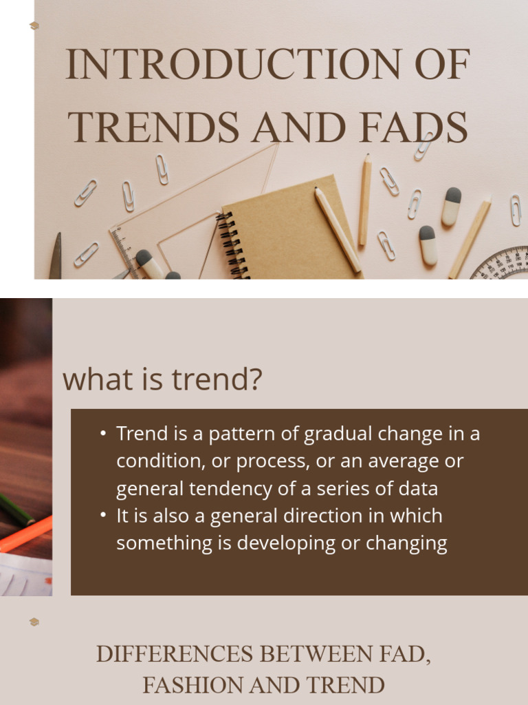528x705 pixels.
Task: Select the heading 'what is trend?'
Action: (x=162, y=380)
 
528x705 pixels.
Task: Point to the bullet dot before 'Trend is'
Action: (x=103, y=434)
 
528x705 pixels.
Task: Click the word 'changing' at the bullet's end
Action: (x=406, y=543)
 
